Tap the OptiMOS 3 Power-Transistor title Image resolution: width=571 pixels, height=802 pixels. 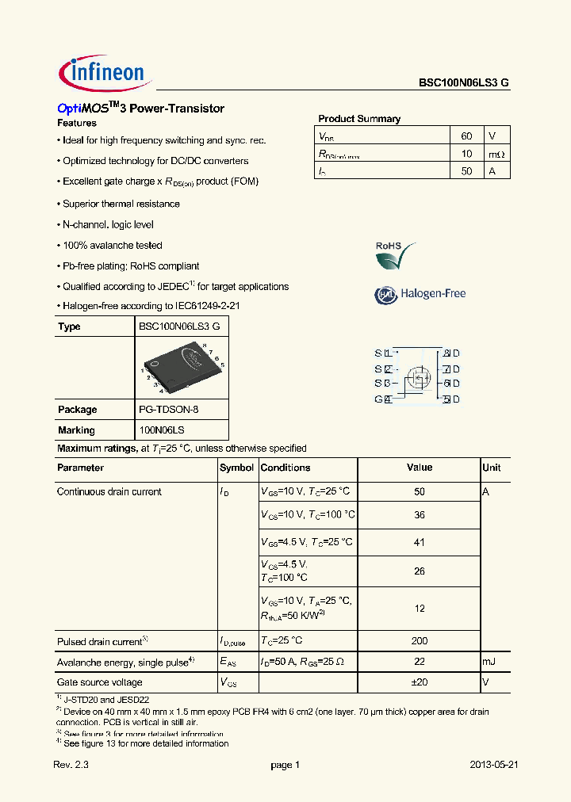(141, 109)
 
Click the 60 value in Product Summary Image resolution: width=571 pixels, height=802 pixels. (466, 135)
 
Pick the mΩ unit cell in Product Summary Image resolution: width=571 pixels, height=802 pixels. (496, 154)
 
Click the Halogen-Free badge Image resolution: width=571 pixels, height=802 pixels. (420, 294)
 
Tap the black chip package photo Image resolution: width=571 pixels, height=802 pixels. (182, 367)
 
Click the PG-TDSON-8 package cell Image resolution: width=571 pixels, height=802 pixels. (168, 410)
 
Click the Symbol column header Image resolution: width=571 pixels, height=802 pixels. (236, 468)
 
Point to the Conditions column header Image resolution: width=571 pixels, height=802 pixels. (285, 468)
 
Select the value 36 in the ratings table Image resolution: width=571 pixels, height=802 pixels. (420, 515)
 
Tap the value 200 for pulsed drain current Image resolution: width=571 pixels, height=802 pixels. (420, 640)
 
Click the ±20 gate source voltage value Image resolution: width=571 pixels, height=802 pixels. (420, 682)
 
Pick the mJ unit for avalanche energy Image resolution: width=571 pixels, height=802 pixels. (490, 662)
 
